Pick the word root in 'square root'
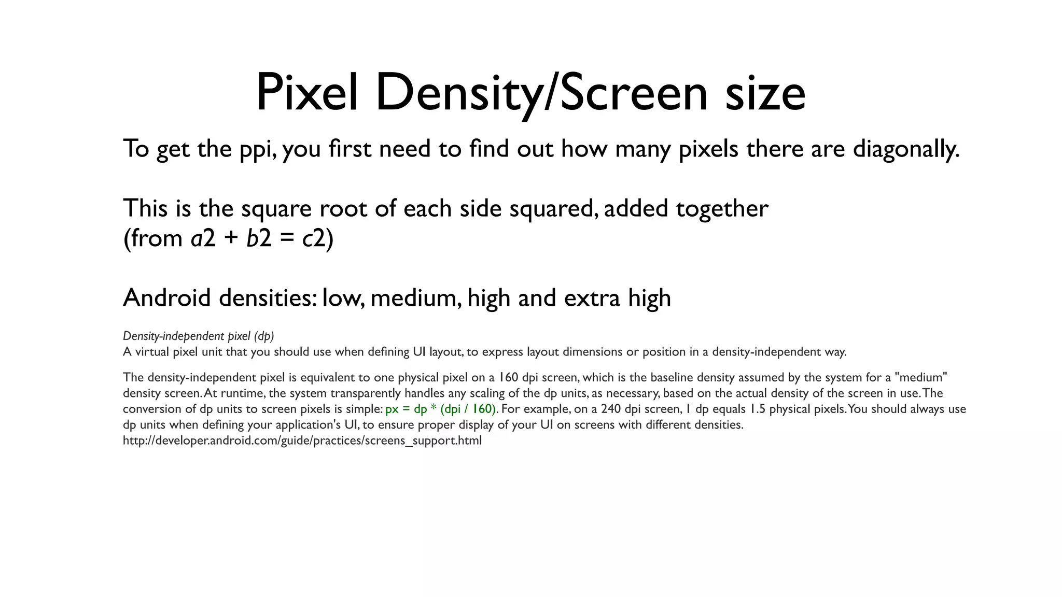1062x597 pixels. [x=341, y=209]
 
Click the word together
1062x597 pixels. [x=722, y=209]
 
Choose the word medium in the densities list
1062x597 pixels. [x=415, y=298]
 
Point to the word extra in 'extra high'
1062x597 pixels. [x=592, y=298]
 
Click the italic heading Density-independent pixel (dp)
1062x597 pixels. [x=198, y=336]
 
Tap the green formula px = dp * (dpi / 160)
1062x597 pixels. [x=440, y=409]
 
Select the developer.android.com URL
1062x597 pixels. [x=302, y=440]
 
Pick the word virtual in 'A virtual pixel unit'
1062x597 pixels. [x=152, y=352]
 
